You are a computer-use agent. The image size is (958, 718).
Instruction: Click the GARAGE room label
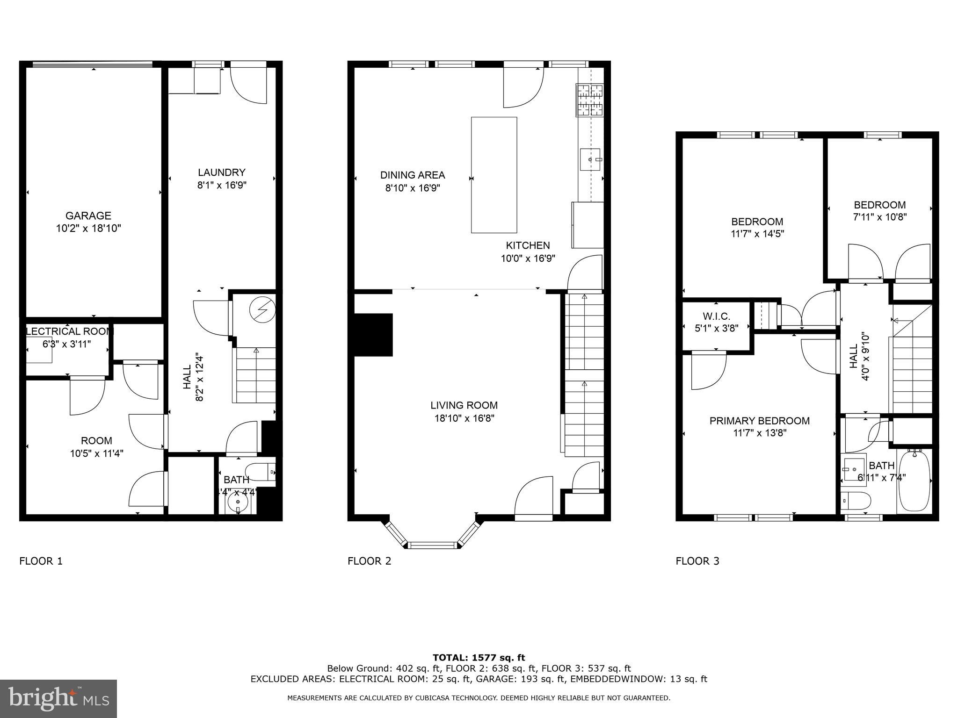88,215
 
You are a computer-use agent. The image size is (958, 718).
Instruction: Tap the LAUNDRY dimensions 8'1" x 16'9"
221,185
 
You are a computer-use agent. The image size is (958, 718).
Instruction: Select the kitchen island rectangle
494,175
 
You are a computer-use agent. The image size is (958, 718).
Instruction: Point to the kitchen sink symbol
592,160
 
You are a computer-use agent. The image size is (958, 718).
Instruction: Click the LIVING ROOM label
464,405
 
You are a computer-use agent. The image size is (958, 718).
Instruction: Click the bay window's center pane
433,545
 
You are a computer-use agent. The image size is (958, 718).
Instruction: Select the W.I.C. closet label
716,316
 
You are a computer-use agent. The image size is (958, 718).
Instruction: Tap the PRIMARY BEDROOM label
759,421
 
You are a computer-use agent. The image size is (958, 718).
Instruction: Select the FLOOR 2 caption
369,561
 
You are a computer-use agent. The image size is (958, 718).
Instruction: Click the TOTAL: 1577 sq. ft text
479,658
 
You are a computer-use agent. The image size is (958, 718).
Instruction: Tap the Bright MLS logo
58,698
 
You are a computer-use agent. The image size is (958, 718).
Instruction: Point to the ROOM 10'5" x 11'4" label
96,446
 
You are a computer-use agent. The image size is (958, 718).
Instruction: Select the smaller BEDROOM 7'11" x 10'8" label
879,211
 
